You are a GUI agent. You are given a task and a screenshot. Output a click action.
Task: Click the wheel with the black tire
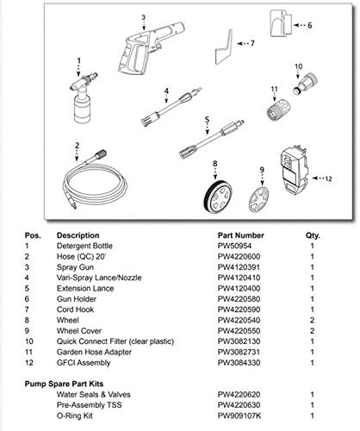[x=217, y=197]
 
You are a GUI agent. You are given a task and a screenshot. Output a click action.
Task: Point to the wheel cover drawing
[x=258, y=199]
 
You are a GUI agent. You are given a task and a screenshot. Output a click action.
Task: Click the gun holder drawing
[x=281, y=23]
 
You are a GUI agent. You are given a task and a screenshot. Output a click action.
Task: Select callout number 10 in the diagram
[x=299, y=66]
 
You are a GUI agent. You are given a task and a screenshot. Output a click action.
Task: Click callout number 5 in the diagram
[x=208, y=120]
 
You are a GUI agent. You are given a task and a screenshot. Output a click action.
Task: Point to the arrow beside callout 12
[x=318, y=178]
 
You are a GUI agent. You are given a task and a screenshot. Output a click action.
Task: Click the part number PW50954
[x=234, y=246]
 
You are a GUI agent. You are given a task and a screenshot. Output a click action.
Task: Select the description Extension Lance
[x=85, y=289]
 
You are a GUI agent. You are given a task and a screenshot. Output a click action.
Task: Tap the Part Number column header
[x=240, y=235]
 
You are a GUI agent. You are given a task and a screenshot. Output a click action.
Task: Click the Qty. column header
[x=313, y=236]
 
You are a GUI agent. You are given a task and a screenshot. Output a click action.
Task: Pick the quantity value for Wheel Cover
[x=312, y=331]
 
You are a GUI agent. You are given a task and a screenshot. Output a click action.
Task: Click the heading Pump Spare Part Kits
[x=64, y=384]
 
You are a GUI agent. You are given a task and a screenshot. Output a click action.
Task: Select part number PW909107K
[x=239, y=415]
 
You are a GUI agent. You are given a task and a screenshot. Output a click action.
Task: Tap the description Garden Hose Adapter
[x=94, y=353]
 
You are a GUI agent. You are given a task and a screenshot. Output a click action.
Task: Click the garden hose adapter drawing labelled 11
[x=278, y=109]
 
